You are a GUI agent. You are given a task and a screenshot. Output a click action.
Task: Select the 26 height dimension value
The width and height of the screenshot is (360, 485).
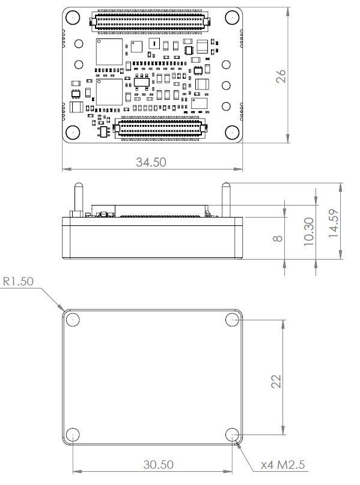(x=280, y=75)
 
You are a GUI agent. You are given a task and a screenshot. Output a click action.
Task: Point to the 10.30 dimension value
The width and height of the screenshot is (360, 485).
(x=309, y=231)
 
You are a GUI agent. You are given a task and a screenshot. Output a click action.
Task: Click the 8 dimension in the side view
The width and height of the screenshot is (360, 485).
(x=278, y=238)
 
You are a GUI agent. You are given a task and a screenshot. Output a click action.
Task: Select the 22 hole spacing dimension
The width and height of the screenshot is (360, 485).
(x=276, y=381)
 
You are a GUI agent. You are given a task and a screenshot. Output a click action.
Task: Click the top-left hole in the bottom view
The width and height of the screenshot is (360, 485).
(x=73, y=319)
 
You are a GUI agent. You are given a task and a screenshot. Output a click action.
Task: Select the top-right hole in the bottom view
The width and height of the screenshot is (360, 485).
(x=233, y=319)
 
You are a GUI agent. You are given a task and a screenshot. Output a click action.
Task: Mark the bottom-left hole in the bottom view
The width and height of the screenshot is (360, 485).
(x=73, y=435)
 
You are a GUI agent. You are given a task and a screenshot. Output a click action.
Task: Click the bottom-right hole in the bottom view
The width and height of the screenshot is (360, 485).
(x=233, y=435)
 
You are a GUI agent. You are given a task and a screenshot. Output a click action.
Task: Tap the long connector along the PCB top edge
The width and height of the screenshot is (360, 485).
(x=150, y=22)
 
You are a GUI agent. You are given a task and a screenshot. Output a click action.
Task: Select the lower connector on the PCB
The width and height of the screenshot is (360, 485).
(x=160, y=128)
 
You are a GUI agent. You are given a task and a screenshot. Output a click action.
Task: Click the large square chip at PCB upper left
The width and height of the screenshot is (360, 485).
(x=109, y=52)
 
